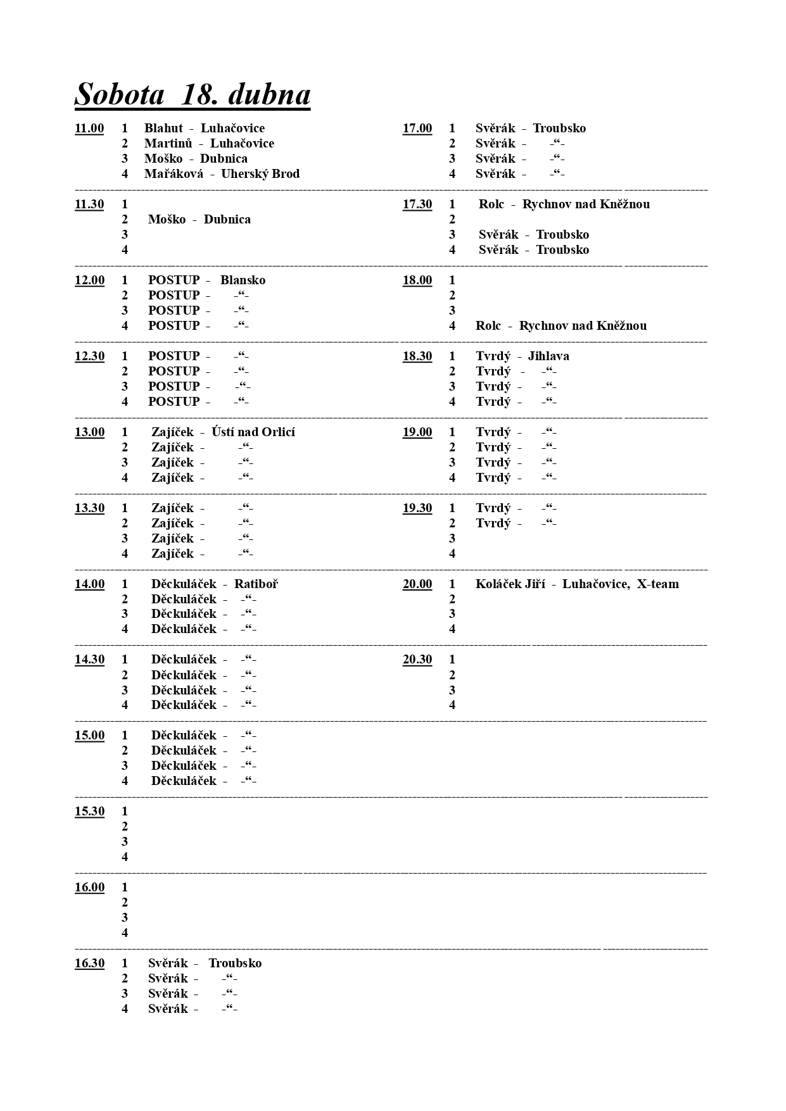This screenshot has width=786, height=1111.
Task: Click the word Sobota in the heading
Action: [x=120, y=95]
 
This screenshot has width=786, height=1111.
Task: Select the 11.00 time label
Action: [x=89, y=129]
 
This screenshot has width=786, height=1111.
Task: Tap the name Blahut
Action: [x=163, y=129]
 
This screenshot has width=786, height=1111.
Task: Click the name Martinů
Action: [x=168, y=144]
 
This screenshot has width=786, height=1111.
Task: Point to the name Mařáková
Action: [x=174, y=174]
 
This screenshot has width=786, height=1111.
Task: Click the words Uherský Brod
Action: [x=260, y=174]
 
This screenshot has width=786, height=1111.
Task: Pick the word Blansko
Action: [x=243, y=280]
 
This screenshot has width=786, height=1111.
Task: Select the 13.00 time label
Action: [x=89, y=432]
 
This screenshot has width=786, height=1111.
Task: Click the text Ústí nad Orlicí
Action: [x=253, y=432]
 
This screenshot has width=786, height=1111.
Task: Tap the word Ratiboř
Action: [x=256, y=584]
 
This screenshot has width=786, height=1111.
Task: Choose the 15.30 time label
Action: [x=89, y=812]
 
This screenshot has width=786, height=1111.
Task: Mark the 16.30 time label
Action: [x=89, y=963]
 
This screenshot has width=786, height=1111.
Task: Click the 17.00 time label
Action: [x=417, y=129]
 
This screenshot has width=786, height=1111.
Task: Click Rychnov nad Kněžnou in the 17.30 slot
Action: [x=586, y=204]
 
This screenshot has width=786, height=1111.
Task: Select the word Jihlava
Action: [x=548, y=356]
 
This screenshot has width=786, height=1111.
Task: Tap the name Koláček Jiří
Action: [x=510, y=584]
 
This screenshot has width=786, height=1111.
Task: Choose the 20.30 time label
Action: [x=417, y=660]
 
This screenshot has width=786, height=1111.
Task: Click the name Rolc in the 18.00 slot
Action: [x=488, y=326]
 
